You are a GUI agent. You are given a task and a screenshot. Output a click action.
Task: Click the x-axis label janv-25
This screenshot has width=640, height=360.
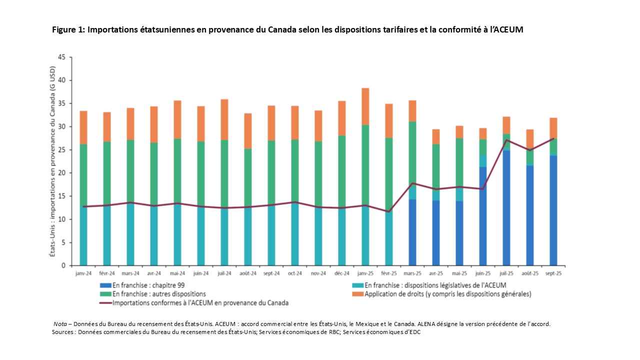[365, 274]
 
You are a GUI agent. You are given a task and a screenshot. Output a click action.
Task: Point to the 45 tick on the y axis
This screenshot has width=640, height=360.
[61, 57]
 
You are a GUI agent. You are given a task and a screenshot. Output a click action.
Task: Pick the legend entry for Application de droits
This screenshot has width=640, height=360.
[447, 294]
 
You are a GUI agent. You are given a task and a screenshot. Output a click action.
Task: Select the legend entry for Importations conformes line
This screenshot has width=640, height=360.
[200, 302]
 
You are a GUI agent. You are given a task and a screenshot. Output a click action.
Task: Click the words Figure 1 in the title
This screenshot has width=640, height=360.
[68, 30]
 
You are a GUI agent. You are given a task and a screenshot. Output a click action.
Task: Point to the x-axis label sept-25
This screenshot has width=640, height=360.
[553, 274]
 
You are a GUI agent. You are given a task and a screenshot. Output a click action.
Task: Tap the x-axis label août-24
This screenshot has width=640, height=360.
[248, 274]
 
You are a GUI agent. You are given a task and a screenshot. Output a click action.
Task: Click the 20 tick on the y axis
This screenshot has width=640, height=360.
[61, 173]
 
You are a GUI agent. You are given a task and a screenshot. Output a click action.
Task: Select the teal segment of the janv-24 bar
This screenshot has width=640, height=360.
[83, 235]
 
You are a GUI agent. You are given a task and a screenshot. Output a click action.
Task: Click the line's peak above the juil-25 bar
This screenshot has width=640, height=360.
[506, 140]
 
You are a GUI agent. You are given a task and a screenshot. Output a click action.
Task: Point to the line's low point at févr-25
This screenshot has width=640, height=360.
[389, 211]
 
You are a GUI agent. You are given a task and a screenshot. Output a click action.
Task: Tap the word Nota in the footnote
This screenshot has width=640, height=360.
[60, 324]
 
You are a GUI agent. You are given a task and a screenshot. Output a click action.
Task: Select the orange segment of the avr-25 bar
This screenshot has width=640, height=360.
[436, 136]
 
